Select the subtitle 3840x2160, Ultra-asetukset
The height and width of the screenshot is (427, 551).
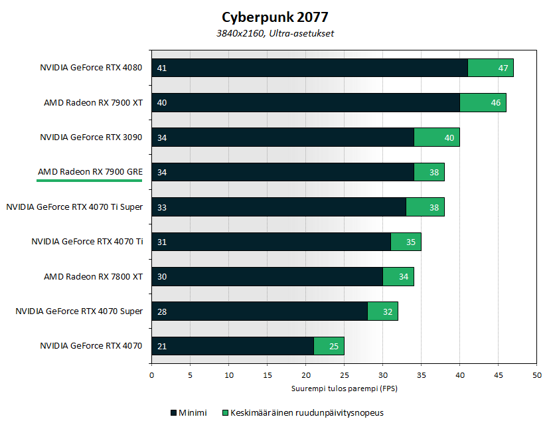[275, 33]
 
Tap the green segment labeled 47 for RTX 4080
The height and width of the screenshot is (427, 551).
[491, 68]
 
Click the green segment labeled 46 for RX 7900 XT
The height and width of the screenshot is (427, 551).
[483, 102]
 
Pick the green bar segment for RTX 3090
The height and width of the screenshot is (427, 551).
[437, 137]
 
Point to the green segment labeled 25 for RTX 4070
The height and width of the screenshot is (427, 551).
[329, 345]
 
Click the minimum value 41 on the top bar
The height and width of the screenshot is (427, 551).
[161, 68]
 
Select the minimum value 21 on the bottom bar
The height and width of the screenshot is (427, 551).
[161, 345]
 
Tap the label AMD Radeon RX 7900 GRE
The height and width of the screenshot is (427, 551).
[90, 172]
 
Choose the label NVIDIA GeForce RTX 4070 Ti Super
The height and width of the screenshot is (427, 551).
[74, 207]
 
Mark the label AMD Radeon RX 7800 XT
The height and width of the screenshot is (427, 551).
[93, 276]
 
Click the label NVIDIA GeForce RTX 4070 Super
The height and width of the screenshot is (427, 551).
[79, 311]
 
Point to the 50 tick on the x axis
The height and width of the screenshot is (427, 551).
[536, 375]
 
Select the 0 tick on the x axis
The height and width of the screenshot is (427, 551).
[152, 375]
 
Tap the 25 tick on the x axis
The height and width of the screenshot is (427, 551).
[344, 375]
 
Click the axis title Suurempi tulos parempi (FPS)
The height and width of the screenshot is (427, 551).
[344, 388]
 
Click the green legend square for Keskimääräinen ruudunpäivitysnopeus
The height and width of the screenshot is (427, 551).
[225, 412]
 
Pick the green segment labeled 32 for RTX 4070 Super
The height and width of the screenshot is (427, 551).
[383, 311]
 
